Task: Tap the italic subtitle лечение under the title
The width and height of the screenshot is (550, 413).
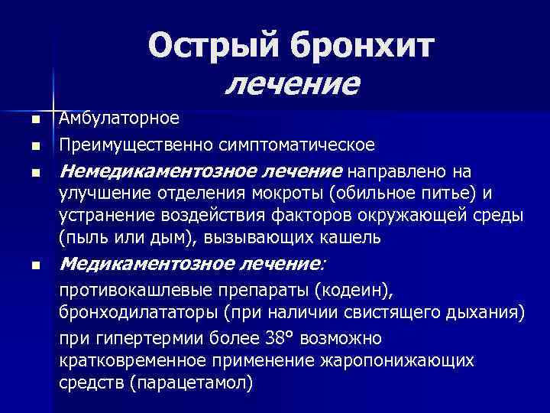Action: click(292, 82)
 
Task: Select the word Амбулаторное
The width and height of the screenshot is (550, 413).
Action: click(119, 119)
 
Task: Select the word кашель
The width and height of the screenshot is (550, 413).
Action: click(341, 237)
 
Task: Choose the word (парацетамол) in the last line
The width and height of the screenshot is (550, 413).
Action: click(192, 382)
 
